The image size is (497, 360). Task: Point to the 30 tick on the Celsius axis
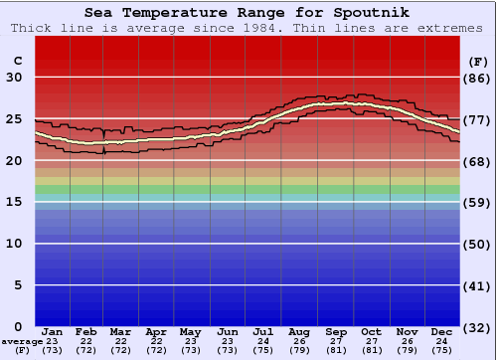(13, 78)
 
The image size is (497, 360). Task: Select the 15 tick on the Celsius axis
(13, 202)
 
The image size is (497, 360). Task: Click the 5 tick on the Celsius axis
(17, 285)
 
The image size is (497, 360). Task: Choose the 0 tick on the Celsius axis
(17, 327)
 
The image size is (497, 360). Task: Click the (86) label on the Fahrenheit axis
(477, 78)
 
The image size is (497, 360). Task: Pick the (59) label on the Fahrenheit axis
(477, 202)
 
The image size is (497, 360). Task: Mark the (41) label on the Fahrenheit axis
(477, 285)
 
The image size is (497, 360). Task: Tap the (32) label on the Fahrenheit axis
(477, 327)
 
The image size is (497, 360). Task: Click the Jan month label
(53, 331)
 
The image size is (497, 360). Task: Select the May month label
(191, 331)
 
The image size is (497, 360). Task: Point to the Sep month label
(336, 331)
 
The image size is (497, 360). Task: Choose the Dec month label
(443, 331)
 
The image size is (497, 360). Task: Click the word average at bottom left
(21, 341)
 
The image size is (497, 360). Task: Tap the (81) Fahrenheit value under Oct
(372, 350)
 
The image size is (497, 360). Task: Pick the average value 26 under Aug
(299, 341)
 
